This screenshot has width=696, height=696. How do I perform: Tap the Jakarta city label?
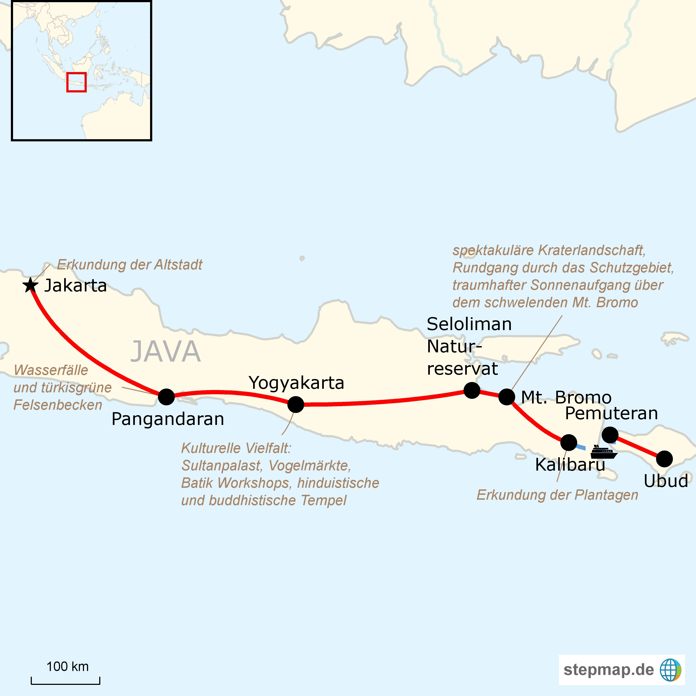[76, 286]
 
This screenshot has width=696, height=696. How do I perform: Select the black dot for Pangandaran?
[166, 397]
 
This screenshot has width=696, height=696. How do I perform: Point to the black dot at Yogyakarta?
[296, 405]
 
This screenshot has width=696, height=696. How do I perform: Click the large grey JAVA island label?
[165, 352]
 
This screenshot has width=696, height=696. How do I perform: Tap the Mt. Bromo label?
[566, 397]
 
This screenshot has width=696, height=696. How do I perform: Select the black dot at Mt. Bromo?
[507, 397]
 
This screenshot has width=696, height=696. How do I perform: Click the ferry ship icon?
[604, 452]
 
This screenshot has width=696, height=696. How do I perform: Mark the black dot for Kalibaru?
[569, 443]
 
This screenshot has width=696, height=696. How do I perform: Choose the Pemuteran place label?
[611, 413]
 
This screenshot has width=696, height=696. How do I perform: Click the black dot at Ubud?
[664, 459]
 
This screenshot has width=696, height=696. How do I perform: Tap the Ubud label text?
[666, 481]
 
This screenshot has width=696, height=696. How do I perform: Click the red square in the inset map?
[76, 82]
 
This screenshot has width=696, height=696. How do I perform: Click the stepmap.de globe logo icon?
[670, 670]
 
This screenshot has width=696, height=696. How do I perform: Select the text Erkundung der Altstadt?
[130, 265]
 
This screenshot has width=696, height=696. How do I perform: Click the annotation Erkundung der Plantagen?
[557, 495]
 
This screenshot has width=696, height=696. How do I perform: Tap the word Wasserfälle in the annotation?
[51, 370]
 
